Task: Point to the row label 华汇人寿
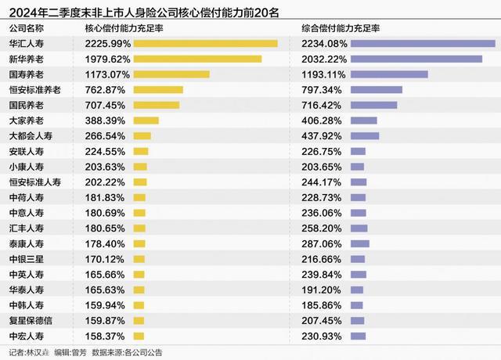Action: [x=27, y=43]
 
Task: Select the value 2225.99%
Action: [x=107, y=43]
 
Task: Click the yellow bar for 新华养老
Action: [x=197, y=59]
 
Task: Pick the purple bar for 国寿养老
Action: [x=389, y=74]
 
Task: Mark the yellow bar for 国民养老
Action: [x=157, y=105]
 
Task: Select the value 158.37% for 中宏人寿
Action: [x=107, y=335]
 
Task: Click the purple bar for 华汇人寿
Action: [x=423, y=43]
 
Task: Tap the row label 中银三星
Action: [x=27, y=258]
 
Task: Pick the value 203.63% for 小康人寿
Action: [x=107, y=166]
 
